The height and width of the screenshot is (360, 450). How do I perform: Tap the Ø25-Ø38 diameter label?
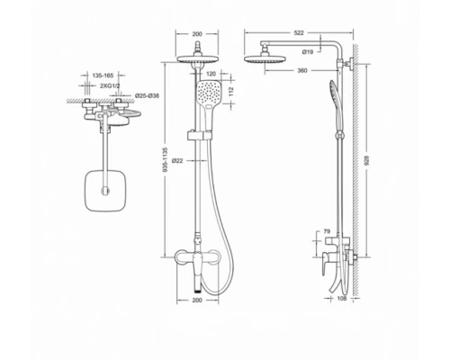click(x=148, y=94)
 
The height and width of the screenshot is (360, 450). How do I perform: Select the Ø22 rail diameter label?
click(x=179, y=159)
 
